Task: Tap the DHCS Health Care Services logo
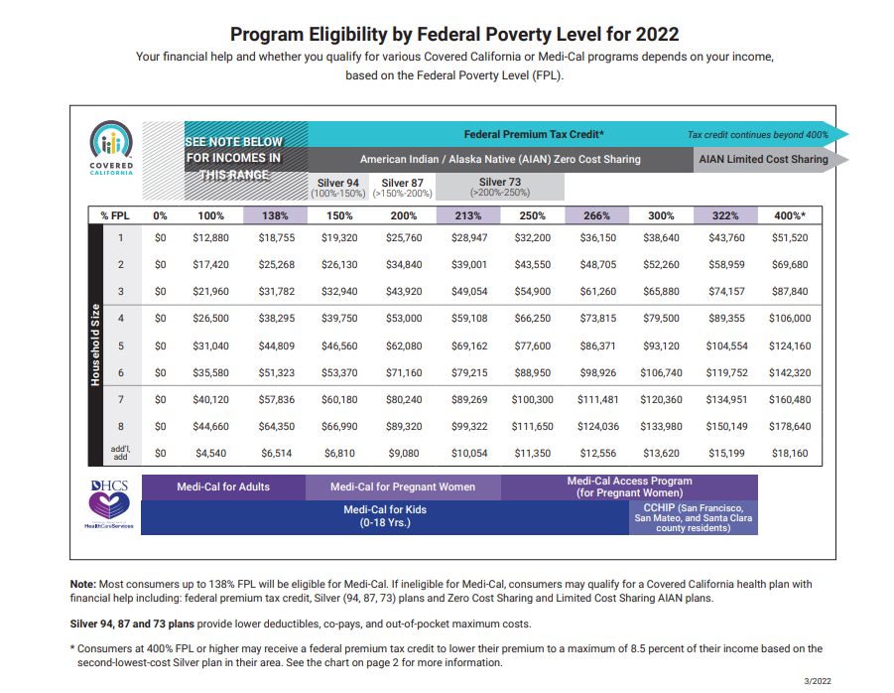[x=108, y=503]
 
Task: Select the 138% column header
[x=275, y=215]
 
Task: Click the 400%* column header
[x=789, y=215]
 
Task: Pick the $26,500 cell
[x=210, y=319]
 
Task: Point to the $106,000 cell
[x=789, y=319]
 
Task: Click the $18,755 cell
[x=275, y=238]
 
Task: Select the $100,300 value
[x=533, y=399]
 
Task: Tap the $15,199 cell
[x=724, y=454]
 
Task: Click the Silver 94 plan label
[x=338, y=187]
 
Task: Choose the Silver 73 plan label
[x=499, y=187]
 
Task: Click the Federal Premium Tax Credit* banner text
[x=534, y=134]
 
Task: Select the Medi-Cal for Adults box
[x=223, y=487]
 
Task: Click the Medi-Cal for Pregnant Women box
[x=403, y=487]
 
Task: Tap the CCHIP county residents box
[x=694, y=517]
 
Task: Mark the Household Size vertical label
[x=95, y=346]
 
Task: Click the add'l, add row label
[x=120, y=453]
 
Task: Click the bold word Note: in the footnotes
[x=82, y=585]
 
